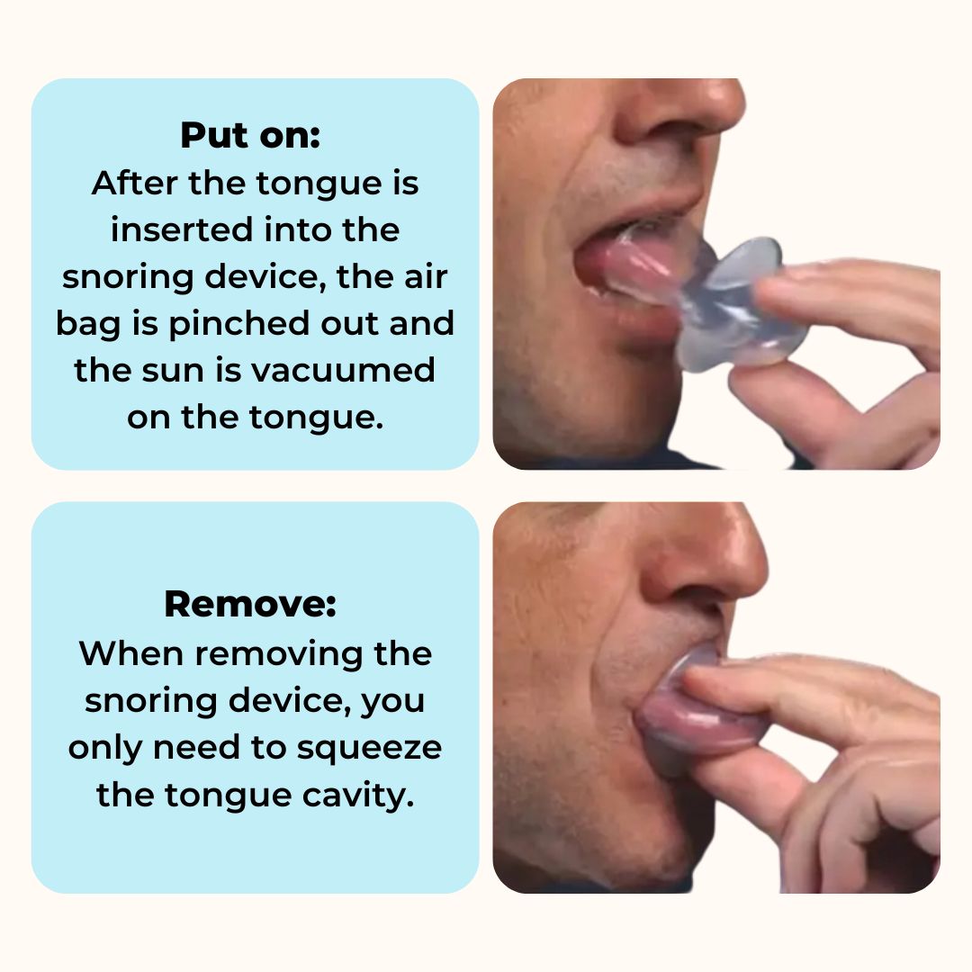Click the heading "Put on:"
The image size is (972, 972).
pos(250,136)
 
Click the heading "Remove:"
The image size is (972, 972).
pos(250,605)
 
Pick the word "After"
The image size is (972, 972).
pos(130,184)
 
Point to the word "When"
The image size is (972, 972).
pos(128,653)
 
